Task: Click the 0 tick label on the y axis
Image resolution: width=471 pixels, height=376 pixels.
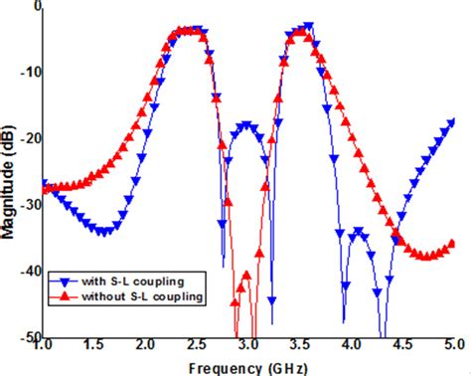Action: pos(35,6)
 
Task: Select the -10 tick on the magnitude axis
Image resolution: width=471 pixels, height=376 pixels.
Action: pos(29,72)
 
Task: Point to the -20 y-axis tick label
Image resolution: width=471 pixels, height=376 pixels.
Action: pos(29,138)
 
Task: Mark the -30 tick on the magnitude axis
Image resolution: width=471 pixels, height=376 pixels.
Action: pos(29,205)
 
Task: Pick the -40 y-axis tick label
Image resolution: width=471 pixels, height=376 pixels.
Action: pos(29,271)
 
